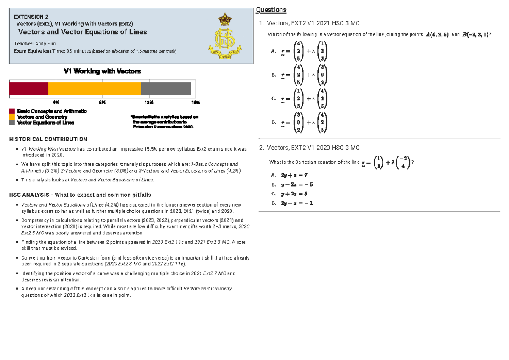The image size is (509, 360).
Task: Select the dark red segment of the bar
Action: tap(29, 89)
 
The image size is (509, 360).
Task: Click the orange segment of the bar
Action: tap(95, 89)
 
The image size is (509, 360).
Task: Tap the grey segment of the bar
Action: tap(166, 89)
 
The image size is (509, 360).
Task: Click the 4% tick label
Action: tap(56, 103)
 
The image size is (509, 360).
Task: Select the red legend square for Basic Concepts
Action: tap(12, 111)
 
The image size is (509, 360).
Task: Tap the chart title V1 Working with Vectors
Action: tap(102, 71)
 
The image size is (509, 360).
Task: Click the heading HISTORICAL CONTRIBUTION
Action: tap(48, 139)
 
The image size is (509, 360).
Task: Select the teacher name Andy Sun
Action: tap(45, 44)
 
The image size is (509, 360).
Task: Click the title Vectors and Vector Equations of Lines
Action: tap(82, 32)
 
